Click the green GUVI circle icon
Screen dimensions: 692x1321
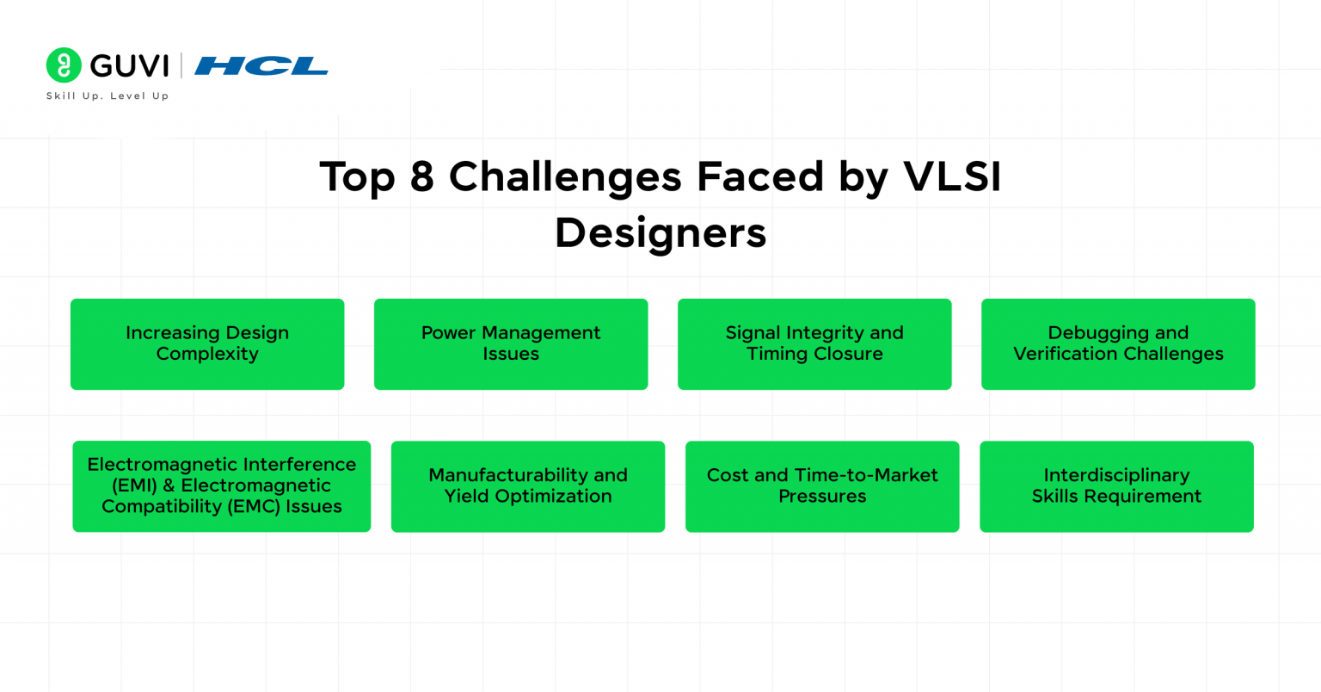click(64, 65)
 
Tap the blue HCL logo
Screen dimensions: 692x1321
click(261, 66)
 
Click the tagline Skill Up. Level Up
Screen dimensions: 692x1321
click(108, 96)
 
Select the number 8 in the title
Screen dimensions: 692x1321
click(421, 177)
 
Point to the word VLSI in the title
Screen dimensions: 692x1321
click(952, 177)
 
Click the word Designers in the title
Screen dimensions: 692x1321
click(660, 233)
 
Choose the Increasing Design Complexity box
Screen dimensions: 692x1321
click(207, 344)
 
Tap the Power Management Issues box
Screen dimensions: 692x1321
click(511, 344)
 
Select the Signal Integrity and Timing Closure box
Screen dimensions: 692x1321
click(814, 344)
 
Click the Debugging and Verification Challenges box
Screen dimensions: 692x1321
click(1118, 344)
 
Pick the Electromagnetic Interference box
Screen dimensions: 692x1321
click(222, 486)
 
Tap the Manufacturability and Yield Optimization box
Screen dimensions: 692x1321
click(528, 486)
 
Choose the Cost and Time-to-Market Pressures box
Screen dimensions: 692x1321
click(822, 486)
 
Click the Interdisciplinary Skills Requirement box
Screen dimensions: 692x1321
click(1116, 486)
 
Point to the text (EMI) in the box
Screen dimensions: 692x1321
click(134, 485)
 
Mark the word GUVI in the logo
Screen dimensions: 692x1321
click(130, 66)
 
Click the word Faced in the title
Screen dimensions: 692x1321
click(760, 177)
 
